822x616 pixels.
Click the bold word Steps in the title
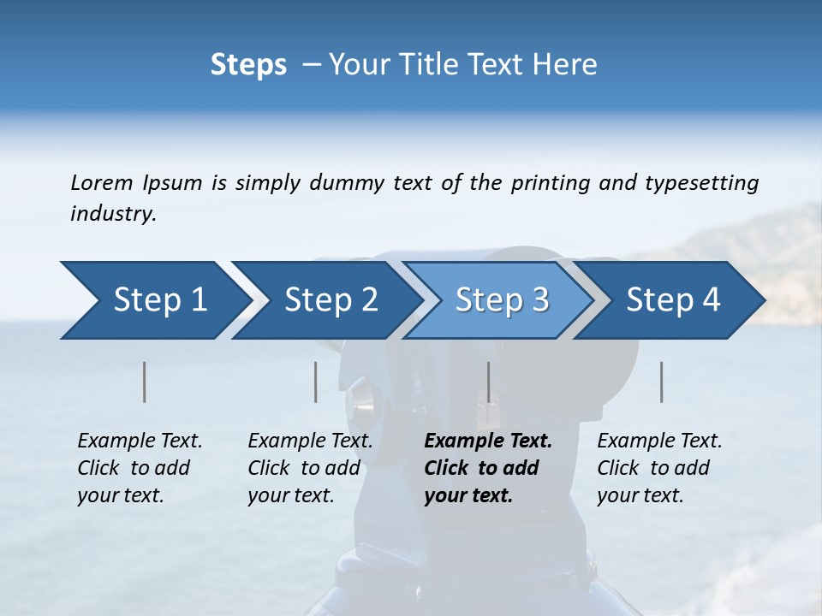(248, 65)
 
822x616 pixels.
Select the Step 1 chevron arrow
(154, 300)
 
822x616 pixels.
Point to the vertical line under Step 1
(144, 382)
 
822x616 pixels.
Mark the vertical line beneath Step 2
(316, 382)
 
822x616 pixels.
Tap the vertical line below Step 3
(488, 382)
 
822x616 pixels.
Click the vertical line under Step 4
(661, 382)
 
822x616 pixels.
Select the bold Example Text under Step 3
(488, 468)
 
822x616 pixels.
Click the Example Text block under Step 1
(140, 468)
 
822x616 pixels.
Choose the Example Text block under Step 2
(310, 468)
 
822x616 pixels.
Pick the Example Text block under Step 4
(659, 468)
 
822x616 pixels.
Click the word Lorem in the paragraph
(102, 182)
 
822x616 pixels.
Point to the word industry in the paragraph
(113, 214)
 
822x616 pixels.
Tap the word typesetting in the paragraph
(701, 182)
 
